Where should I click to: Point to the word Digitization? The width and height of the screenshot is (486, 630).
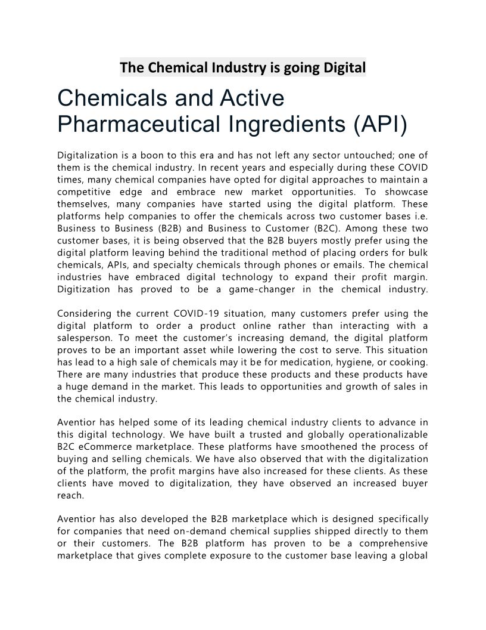pyautogui.click(x=84, y=289)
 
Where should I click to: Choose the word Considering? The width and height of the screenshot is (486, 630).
pyautogui.click(x=85, y=313)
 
